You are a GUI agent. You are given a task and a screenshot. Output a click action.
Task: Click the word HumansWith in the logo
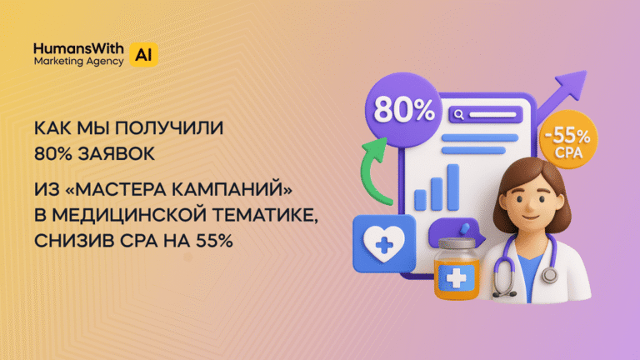click(78, 48)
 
